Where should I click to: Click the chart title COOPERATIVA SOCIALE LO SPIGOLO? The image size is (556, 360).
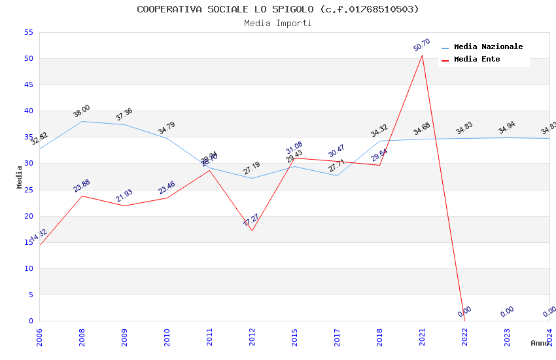pos(278,9)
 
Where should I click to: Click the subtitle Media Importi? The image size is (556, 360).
pos(278,23)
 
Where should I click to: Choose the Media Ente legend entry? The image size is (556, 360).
pos(477,59)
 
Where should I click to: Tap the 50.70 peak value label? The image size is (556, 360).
pos(422,45)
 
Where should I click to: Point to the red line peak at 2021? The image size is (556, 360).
pos(422,55)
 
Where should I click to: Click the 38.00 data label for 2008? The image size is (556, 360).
pos(82,111)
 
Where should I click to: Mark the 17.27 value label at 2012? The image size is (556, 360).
pos(252,220)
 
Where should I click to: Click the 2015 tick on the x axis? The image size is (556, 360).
pos(294,337)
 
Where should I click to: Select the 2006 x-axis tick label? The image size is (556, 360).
pos(39,337)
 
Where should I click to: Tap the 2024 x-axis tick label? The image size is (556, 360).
pos(549,337)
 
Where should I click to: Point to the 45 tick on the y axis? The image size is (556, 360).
pos(27,85)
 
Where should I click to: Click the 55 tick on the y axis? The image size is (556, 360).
pos(27,32)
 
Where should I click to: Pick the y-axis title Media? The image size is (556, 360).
pos(20,177)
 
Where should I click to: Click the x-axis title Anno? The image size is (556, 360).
pos(540,343)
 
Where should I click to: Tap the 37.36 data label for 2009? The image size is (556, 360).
pos(124,114)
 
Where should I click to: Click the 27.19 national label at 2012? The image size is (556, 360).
pos(252,168)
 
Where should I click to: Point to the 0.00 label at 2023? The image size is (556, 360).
pos(507,312)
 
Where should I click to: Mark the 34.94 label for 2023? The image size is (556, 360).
pos(507,128)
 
